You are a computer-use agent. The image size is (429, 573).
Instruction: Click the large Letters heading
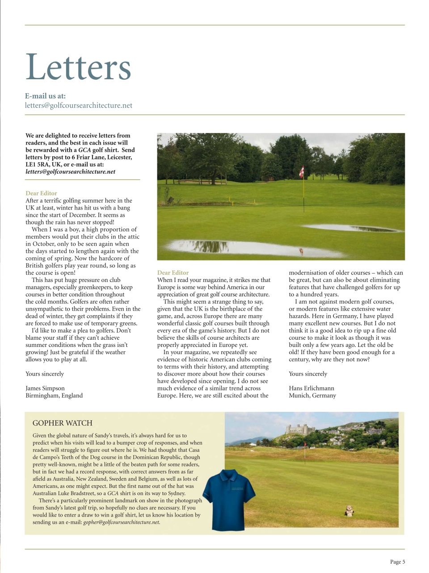pyautogui.click(x=78, y=67)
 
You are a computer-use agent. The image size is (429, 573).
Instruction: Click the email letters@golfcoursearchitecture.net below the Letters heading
pyautogui.click(x=79, y=106)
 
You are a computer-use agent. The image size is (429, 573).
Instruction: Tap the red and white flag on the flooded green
pyautogui.click(x=301, y=171)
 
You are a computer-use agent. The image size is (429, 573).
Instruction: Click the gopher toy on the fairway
pyautogui.click(x=349, y=510)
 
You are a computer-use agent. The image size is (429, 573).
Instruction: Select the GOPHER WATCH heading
pyautogui.click(x=63, y=423)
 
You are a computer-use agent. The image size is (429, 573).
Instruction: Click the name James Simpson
pyautogui.click(x=45, y=388)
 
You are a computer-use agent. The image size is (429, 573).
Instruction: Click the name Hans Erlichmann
pyautogui.click(x=311, y=388)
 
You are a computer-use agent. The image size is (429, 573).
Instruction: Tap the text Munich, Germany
pyautogui.click(x=312, y=396)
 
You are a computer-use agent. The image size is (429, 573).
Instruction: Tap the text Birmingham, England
pyautogui.click(x=54, y=396)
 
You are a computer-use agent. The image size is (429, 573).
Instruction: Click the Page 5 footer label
pyautogui.click(x=397, y=562)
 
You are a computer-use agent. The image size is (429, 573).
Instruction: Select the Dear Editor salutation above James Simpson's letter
pyautogui.click(x=42, y=193)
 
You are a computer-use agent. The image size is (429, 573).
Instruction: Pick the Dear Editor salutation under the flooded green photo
pyautogui.click(x=173, y=273)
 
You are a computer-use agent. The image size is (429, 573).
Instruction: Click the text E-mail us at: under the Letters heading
pyautogui.click(x=46, y=96)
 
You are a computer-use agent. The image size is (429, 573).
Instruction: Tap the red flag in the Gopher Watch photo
pyautogui.click(x=306, y=444)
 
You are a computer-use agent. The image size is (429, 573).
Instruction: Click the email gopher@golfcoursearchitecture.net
pyautogui.click(x=122, y=522)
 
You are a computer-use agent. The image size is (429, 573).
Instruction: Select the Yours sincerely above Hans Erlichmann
pyautogui.click(x=308, y=374)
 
